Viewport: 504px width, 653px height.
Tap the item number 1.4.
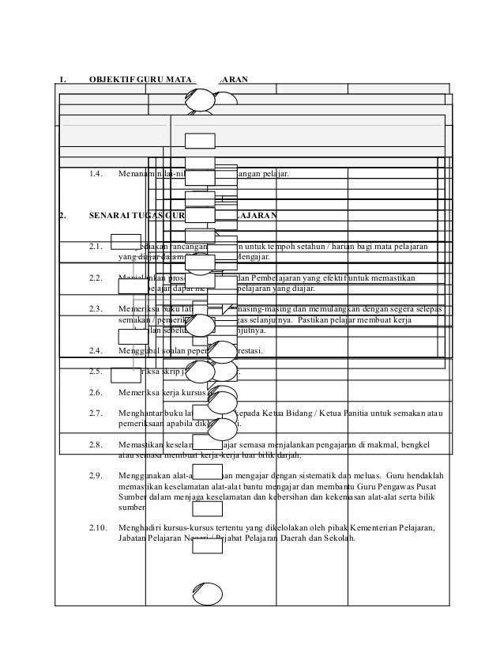(97, 173)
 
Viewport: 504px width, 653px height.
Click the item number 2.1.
(97, 248)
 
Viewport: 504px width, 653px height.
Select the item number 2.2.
(97, 278)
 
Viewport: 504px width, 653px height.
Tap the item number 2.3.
(97, 308)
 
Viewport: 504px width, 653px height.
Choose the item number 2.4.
(97, 349)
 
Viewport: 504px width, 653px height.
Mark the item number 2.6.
(97, 392)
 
